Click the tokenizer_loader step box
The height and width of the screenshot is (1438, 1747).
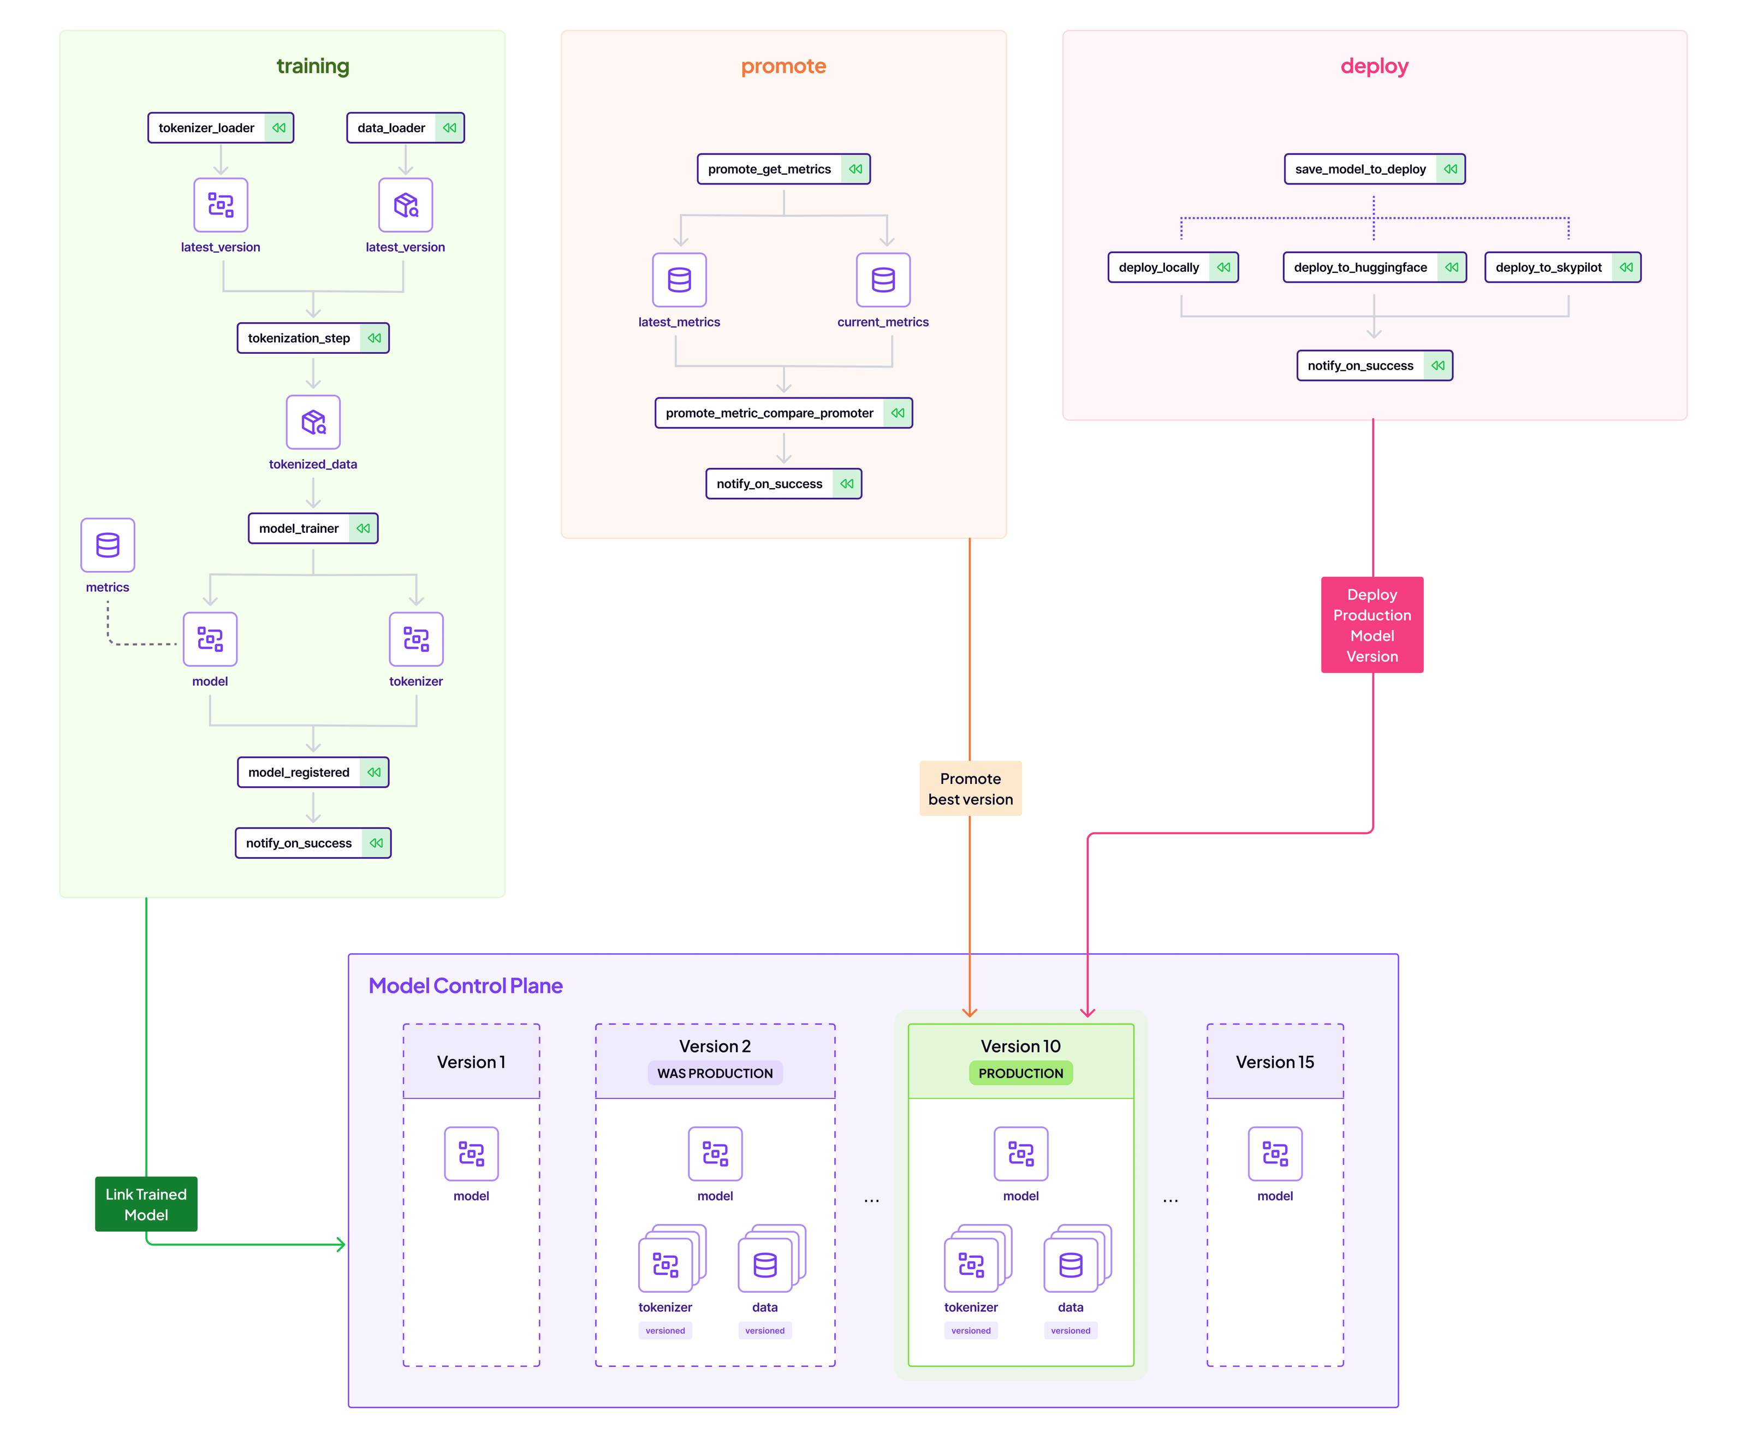221,128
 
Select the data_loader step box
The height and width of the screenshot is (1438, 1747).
405,128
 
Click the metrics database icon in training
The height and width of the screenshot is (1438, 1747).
108,545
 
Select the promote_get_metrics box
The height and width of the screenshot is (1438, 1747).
783,169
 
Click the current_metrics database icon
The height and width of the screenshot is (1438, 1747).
882,280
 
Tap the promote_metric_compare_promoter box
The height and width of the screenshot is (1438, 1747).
783,413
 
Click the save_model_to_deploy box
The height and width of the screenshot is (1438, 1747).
1374,169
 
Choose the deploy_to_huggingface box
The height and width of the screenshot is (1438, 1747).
1374,268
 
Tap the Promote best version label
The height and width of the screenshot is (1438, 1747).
970,788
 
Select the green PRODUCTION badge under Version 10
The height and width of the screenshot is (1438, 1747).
1020,1073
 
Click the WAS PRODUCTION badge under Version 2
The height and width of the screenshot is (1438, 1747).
714,1073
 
